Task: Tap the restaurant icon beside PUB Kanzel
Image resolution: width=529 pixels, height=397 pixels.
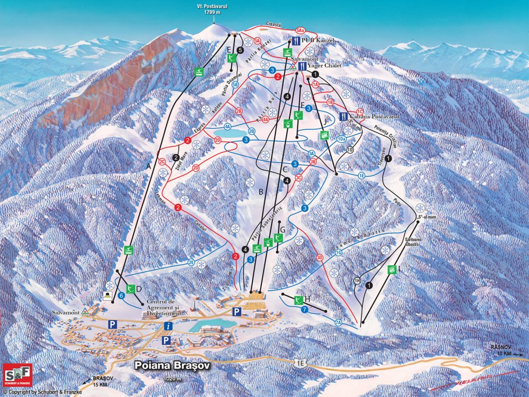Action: (x=295, y=41)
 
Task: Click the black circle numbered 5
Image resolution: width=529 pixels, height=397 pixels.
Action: (x=240, y=50)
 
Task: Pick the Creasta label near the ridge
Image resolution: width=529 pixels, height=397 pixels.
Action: (x=274, y=24)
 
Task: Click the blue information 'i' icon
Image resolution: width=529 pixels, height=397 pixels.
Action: (x=167, y=326)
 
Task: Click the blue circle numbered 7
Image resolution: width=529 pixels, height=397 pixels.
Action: (x=305, y=310)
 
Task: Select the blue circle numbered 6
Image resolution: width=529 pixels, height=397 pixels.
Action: (x=121, y=296)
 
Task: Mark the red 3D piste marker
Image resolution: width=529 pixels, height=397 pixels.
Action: (x=319, y=257)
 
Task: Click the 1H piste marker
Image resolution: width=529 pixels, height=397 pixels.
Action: (x=356, y=281)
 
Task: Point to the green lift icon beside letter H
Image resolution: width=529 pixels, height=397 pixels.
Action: (x=298, y=300)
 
